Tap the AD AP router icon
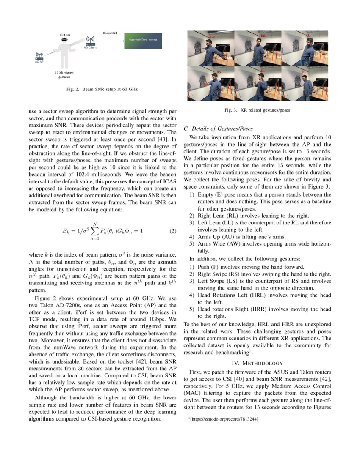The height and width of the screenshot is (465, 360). (x=39, y=56)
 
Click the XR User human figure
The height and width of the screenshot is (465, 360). (x=64, y=53)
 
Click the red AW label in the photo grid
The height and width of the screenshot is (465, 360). (x=212, y=37)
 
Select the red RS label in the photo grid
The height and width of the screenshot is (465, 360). (x=219, y=72)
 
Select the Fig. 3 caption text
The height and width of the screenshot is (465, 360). (x=258, y=110)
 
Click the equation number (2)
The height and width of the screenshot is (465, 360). (x=172, y=231)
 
